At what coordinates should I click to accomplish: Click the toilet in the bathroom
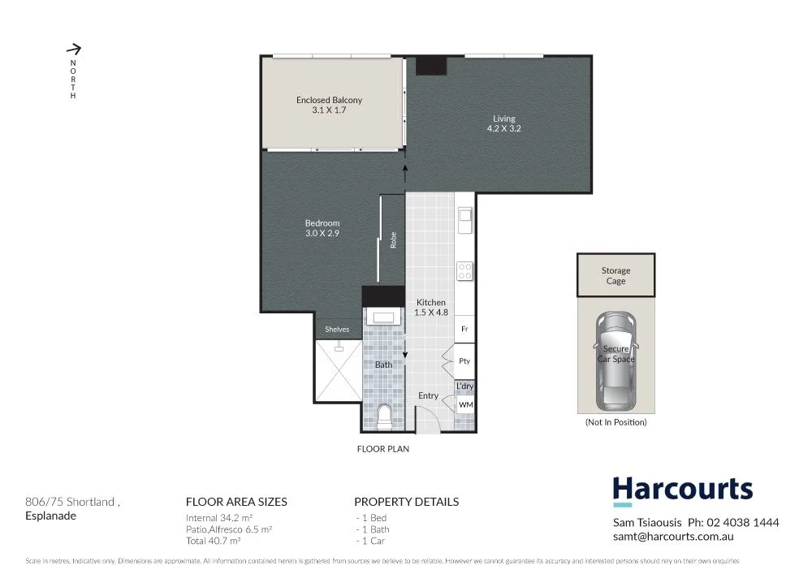(x=385, y=416)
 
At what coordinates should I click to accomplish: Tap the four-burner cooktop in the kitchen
(x=465, y=270)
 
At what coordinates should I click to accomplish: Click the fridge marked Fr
(x=464, y=329)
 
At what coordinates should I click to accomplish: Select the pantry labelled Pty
(x=464, y=360)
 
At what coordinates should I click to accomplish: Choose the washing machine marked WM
(x=465, y=404)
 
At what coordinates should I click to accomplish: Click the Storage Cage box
(x=615, y=276)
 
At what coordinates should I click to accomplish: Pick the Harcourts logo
(x=682, y=490)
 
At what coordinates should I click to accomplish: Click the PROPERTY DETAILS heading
(x=406, y=502)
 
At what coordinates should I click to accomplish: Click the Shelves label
(x=337, y=329)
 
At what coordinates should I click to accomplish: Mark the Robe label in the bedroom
(x=394, y=240)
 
